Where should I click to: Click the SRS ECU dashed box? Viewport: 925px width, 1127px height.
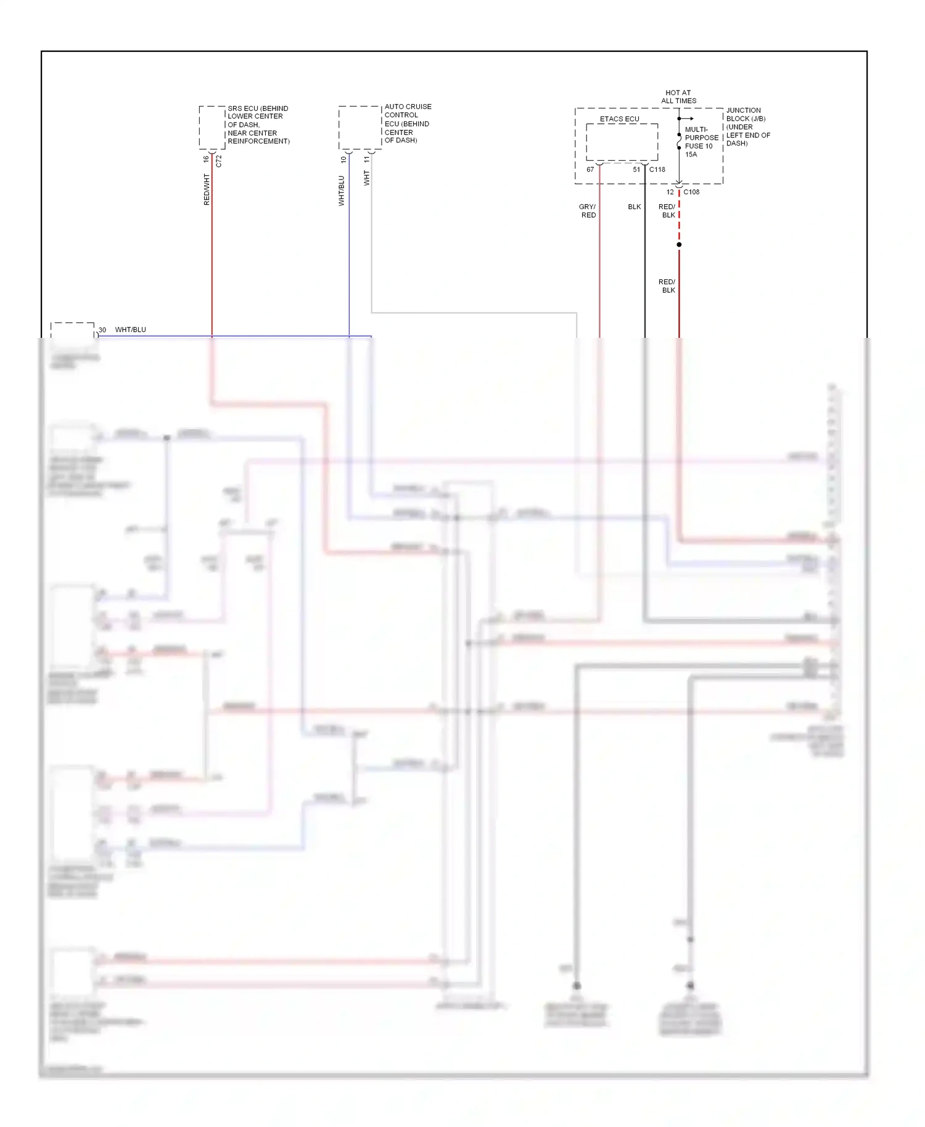[x=212, y=128]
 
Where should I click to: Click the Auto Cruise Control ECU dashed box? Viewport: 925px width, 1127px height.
[x=360, y=128]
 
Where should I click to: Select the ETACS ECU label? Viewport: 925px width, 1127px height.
[x=619, y=119]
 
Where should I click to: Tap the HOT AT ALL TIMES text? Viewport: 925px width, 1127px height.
[x=678, y=97]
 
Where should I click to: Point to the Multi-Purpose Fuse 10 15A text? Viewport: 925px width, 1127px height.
[x=701, y=142]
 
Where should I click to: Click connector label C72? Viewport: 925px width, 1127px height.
[x=219, y=161]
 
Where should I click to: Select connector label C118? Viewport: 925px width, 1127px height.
[x=657, y=170]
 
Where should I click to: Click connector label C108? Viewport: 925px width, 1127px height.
[x=691, y=192]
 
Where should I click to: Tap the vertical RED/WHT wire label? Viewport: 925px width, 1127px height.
[x=207, y=189]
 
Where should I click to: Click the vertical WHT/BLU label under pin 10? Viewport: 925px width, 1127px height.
[x=342, y=191]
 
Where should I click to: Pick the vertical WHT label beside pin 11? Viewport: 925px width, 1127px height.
[x=367, y=179]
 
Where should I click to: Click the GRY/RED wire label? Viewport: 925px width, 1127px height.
[x=588, y=211]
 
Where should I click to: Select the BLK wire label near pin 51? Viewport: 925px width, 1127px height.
[x=635, y=207]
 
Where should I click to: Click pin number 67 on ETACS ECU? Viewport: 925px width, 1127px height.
[x=590, y=170]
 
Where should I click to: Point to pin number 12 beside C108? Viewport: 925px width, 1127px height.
[x=670, y=192]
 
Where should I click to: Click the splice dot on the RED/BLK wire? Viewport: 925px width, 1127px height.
[x=679, y=245]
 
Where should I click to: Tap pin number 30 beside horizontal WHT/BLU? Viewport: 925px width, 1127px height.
[x=102, y=330]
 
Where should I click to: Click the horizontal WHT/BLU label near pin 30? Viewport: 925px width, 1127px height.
[x=131, y=330]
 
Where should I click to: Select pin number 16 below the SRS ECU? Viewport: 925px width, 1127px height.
[x=206, y=159]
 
